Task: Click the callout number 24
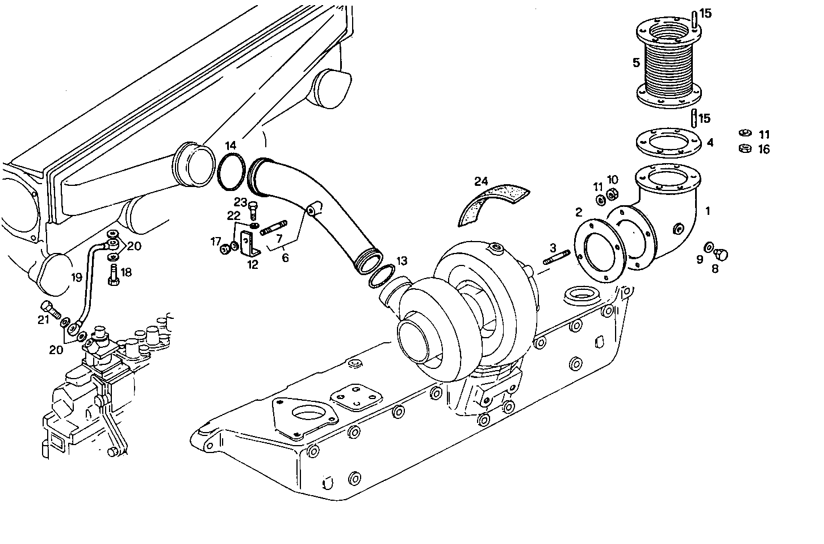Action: point(481,181)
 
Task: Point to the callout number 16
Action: point(764,150)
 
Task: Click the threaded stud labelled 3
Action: point(556,258)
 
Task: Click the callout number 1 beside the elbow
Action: point(708,211)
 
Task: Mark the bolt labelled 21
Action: point(51,310)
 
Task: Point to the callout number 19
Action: point(77,277)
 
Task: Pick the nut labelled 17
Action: point(224,248)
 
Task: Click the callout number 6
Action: point(285,258)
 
